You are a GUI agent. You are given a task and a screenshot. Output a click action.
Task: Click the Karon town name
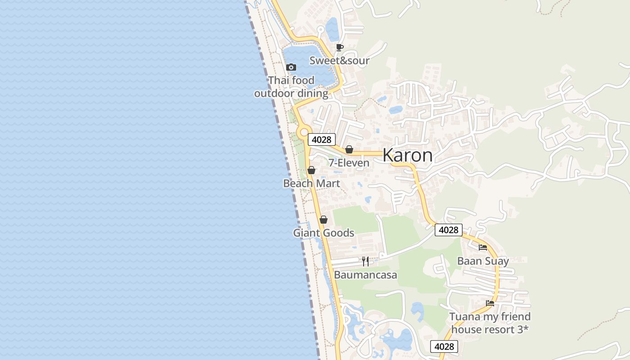[x=407, y=155]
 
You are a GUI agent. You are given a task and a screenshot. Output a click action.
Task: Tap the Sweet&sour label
[x=339, y=61]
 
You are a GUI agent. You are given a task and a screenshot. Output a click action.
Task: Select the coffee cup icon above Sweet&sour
[x=340, y=47]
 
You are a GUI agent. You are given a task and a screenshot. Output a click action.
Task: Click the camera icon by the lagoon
[x=291, y=67]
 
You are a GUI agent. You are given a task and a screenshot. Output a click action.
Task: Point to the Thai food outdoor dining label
[x=291, y=87]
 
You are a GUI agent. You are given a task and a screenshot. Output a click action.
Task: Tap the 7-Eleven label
[x=349, y=163]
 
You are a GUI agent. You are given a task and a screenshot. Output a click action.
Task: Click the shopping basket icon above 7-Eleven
[x=349, y=149]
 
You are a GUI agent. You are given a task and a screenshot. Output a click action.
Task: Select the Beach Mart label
[x=311, y=184]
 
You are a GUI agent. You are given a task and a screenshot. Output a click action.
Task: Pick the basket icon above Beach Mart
[x=311, y=170]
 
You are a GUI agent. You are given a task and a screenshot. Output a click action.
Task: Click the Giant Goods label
[x=324, y=233]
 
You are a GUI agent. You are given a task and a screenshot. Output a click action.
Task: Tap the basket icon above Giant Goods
[x=323, y=220]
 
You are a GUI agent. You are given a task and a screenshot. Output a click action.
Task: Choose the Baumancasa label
[x=365, y=275]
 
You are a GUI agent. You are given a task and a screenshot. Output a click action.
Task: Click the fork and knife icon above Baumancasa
[x=365, y=261]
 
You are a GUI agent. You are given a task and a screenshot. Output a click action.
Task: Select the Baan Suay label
[x=483, y=261]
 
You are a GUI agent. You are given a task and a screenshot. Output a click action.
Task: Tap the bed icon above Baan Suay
[x=483, y=247]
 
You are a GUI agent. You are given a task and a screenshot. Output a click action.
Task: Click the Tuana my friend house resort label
[x=490, y=323]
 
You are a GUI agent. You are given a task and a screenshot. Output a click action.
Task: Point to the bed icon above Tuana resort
[x=490, y=303]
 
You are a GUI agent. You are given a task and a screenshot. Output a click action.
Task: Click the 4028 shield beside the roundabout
[x=321, y=139]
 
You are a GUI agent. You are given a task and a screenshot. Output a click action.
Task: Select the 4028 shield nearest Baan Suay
[x=449, y=230]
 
